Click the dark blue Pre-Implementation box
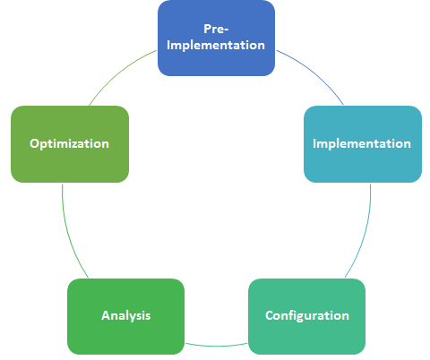(216, 38)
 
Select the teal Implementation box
(363, 144)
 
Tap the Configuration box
(307, 316)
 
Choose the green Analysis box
(125, 316)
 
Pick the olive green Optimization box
(70, 144)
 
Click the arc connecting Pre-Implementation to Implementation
(314, 73)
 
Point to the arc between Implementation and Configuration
(365, 233)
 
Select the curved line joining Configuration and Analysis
(216, 346)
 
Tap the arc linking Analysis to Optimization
(68, 233)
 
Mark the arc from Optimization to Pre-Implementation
(118, 73)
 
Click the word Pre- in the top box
(216, 29)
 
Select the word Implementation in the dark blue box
(216, 46)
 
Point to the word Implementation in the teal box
(362, 144)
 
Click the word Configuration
(307, 315)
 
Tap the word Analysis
(125, 316)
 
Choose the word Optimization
(69, 144)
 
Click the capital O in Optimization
(34, 143)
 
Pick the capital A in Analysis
(106, 315)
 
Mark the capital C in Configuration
(270, 315)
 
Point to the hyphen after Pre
(226, 30)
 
